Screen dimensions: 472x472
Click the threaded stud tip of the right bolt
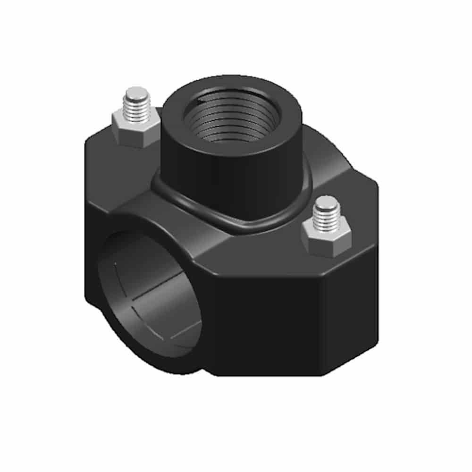click(326, 212)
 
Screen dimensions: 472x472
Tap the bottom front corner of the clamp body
click(217, 373)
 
